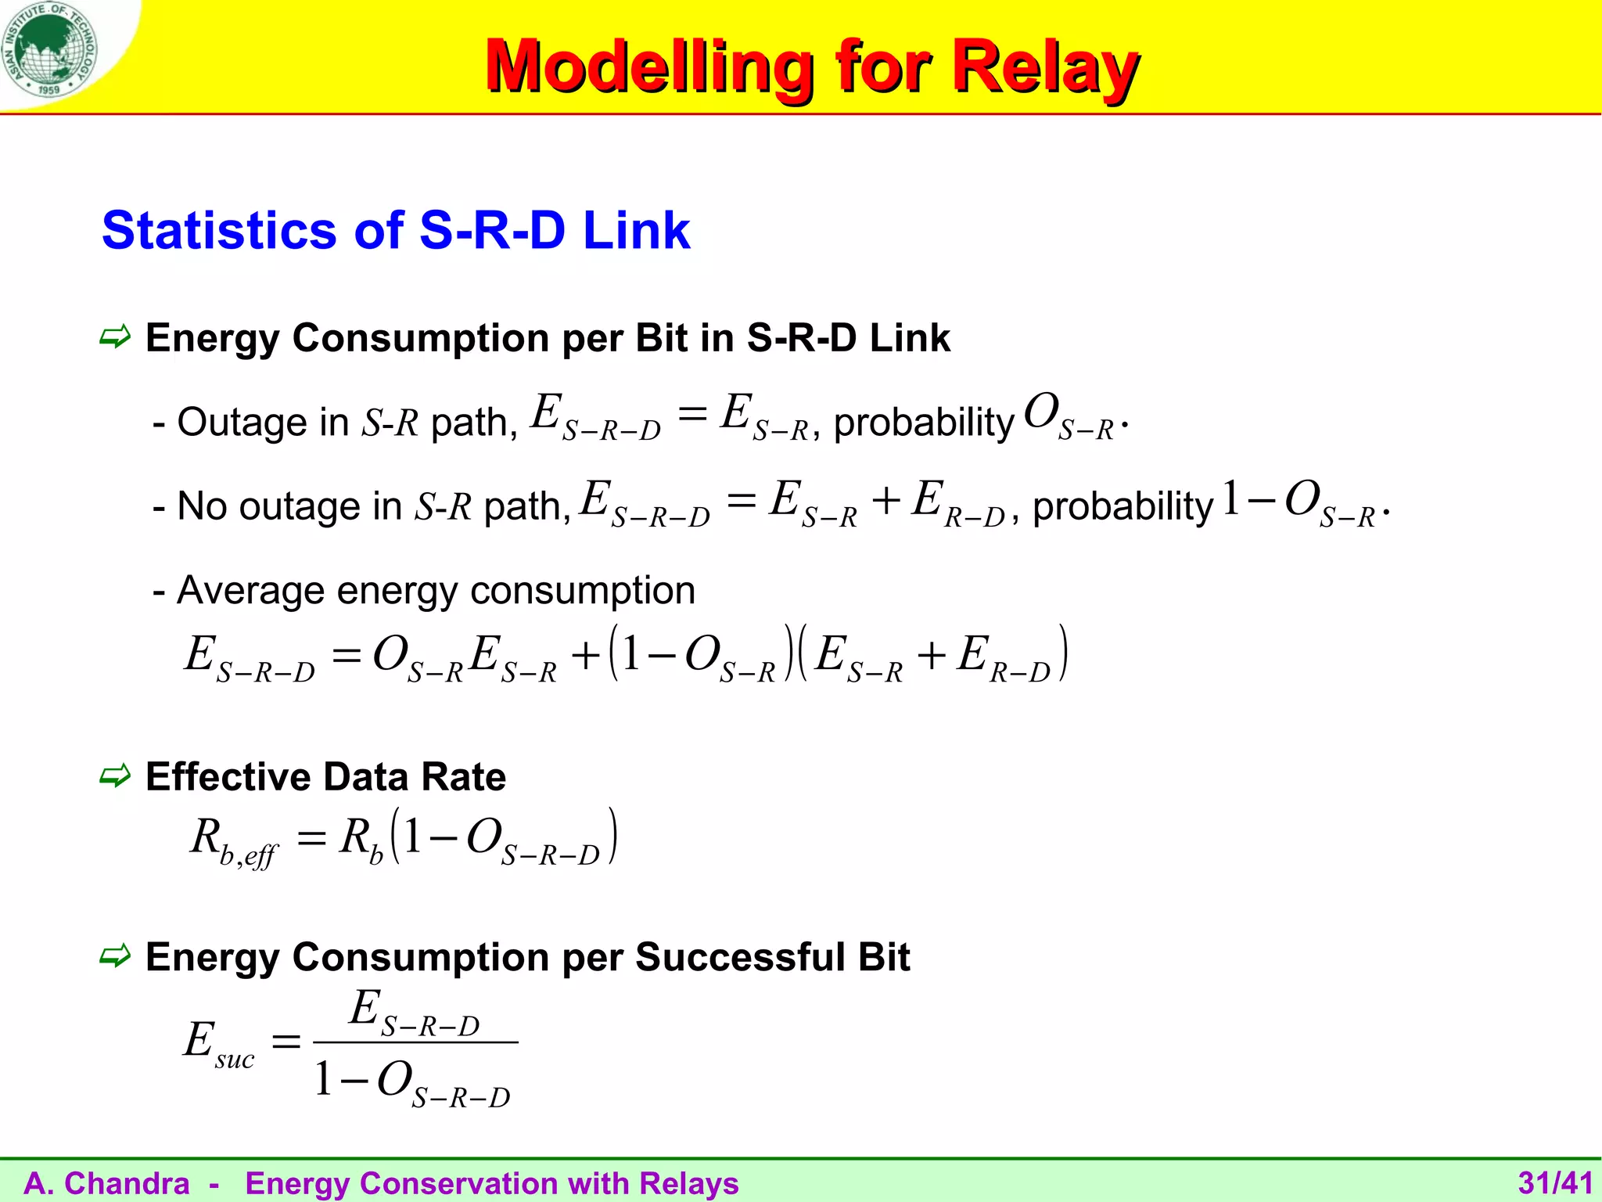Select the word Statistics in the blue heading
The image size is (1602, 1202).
pyautogui.click(x=219, y=231)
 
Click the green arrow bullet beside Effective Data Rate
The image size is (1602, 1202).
pyautogui.click(x=115, y=776)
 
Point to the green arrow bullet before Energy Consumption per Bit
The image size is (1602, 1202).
pyautogui.click(x=115, y=338)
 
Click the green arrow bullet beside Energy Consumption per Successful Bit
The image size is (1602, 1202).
pyautogui.click(x=115, y=956)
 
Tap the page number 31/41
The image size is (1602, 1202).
pyautogui.click(x=1555, y=1182)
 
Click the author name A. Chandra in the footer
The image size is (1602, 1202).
pyautogui.click(x=107, y=1183)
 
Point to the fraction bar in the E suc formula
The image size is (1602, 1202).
pyautogui.click(x=415, y=1042)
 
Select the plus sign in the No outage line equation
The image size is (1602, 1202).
pyautogui.click(x=885, y=501)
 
